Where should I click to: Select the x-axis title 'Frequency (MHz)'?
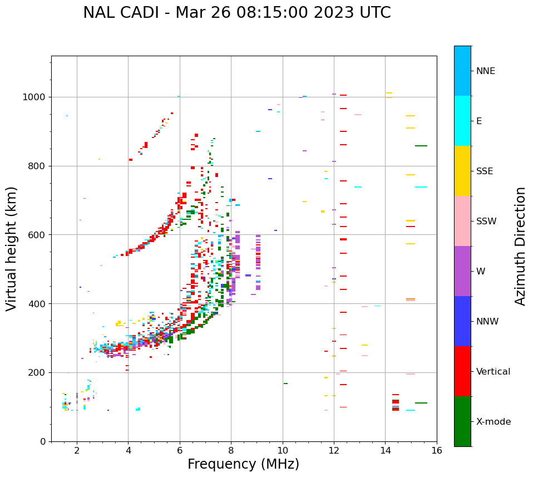pyautogui.click(x=243, y=464)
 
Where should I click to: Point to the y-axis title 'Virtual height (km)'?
pyautogui.click(x=12, y=249)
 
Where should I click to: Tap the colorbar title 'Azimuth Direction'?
pyautogui.click(x=520, y=246)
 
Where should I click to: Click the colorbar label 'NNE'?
pyautogui.click(x=486, y=71)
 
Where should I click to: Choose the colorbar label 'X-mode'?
pyautogui.click(x=493, y=422)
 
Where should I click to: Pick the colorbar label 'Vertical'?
pyautogui.click(x=493, y=372)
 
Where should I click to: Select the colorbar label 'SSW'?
pyautogui.click(x=486, y=222)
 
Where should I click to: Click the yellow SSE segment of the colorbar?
pyautogui.click(x=462, y=171)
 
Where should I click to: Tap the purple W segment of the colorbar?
pyautogui.click(x=462, y=271)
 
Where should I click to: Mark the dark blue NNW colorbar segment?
pyautogui.click(x=462, y=321)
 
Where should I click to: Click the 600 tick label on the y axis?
pyautogui.click(x=37, y=235)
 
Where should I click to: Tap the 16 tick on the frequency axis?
pyautogui.click(x=437, y=450)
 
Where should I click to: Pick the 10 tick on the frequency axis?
pyautogui.click(x=283, y=450)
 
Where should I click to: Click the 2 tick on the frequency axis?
pyautogui.click(x=77, y=450)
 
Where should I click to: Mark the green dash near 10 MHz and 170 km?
pyautogui.click(x=285, y=383)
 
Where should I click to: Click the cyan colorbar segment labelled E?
pyautogui.click(x=462, y=121)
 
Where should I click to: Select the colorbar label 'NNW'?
pyautogui.click(x=487, y=322)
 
